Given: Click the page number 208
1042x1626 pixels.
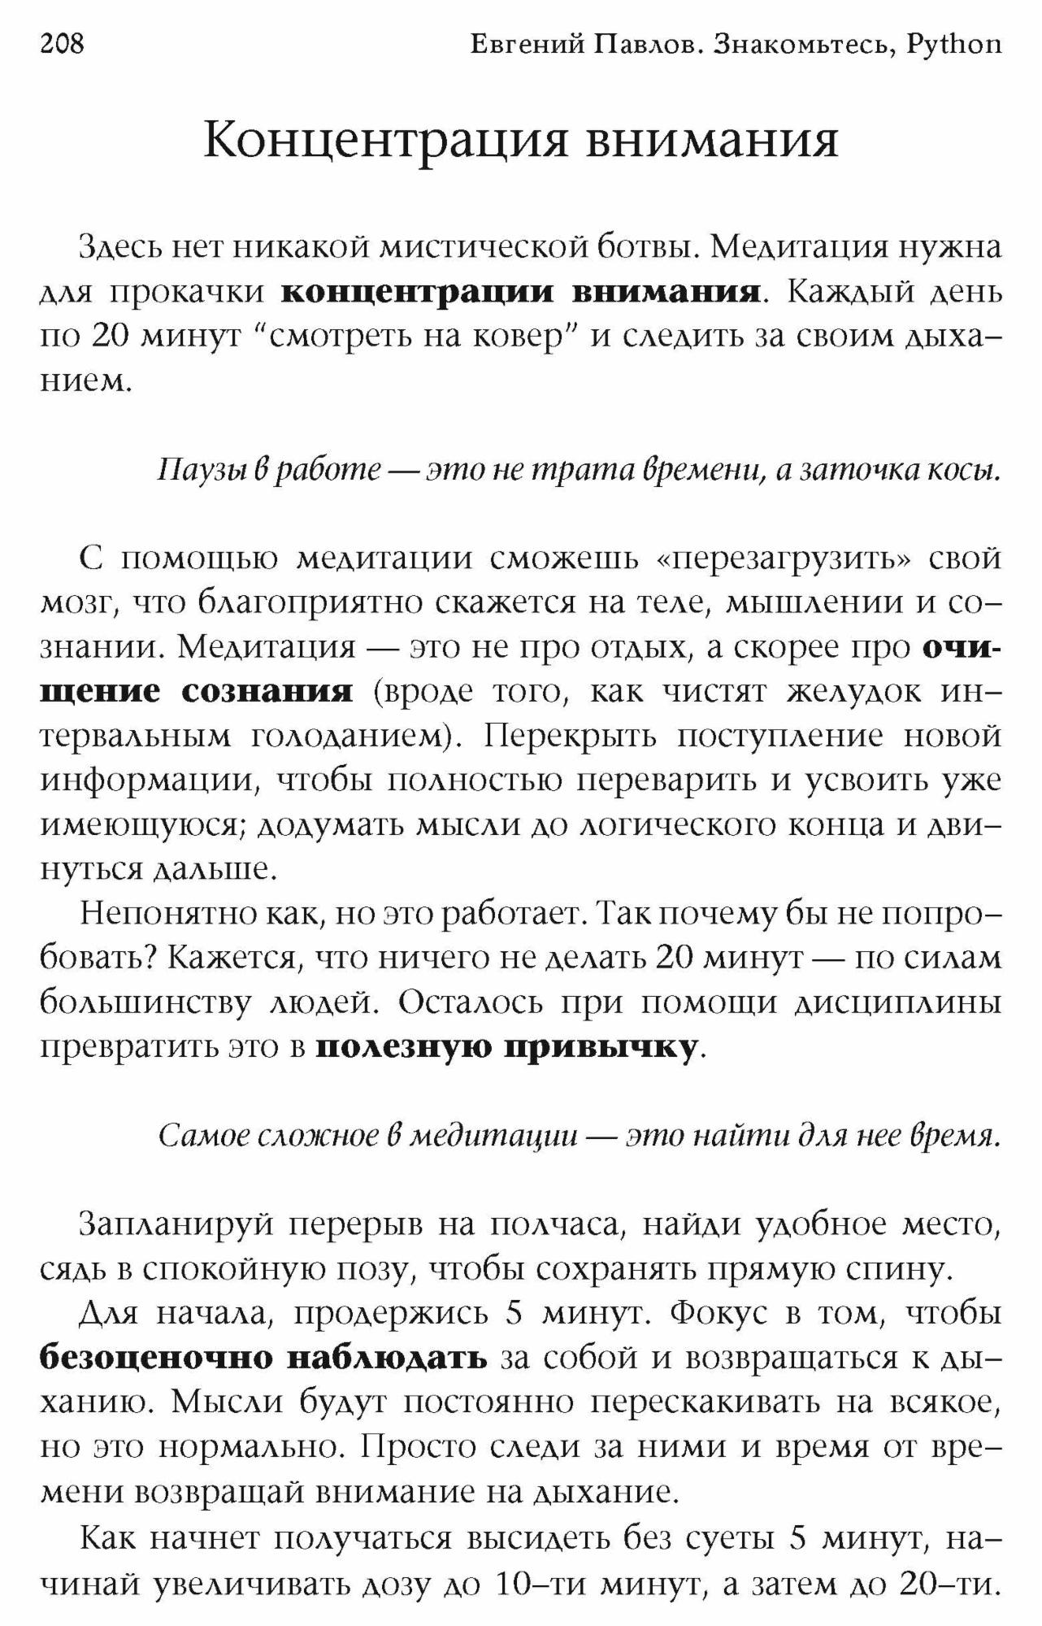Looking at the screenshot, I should pos(62,43).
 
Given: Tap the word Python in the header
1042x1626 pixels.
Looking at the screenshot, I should pos(954,45).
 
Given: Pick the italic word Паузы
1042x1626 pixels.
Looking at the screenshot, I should pos(193,470).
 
